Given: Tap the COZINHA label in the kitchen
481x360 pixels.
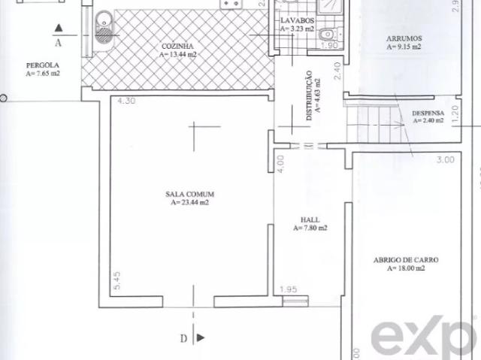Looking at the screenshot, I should tap(177, 46).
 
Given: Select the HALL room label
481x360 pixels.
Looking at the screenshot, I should tap(310, 219).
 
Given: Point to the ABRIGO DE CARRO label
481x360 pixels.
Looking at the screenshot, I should tap(405, 260).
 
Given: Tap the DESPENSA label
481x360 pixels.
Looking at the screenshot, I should tap(428, 113).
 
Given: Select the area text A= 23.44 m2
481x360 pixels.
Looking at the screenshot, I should tap(189, 202).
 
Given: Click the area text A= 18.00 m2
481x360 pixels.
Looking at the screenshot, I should tap(405, 268).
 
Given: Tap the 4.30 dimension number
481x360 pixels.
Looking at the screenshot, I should tap(127, 101).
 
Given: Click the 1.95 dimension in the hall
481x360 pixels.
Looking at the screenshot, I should tap(288, 289).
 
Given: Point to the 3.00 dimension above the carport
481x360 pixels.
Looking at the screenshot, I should tap(445, 159).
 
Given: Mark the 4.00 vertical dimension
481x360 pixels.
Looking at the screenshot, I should tap(280, 163).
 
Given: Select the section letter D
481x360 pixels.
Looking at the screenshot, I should tap(183, 339).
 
